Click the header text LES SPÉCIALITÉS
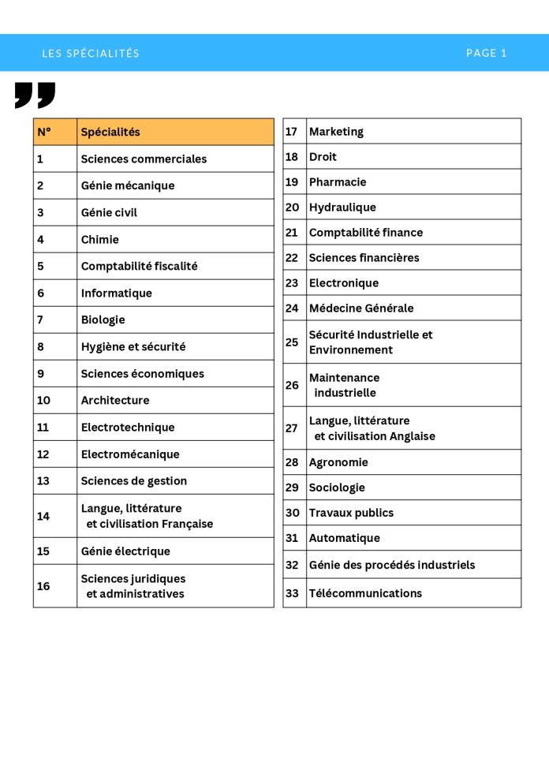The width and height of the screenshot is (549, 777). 91,54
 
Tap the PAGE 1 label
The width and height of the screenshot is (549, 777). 486,53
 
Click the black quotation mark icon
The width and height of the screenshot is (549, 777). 35,95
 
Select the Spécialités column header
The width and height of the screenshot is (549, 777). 110,132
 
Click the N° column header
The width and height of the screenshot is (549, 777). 44,132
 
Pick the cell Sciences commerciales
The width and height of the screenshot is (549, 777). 144,159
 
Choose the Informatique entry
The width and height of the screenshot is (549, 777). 116,293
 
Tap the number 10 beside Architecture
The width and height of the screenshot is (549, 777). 43,400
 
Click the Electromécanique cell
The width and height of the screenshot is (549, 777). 130,454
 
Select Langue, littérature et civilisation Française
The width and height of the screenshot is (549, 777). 147,516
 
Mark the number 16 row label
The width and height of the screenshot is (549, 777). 43,585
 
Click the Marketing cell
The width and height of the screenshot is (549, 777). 336,131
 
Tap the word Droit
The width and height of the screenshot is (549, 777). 323,156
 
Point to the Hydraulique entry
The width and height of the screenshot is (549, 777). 342,207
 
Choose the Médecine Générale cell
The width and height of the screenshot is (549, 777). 360,308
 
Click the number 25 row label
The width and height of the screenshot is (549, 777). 292,342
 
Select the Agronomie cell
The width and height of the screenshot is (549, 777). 338,461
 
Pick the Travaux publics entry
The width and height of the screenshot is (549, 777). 351,512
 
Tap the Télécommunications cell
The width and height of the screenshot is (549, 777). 365,592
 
